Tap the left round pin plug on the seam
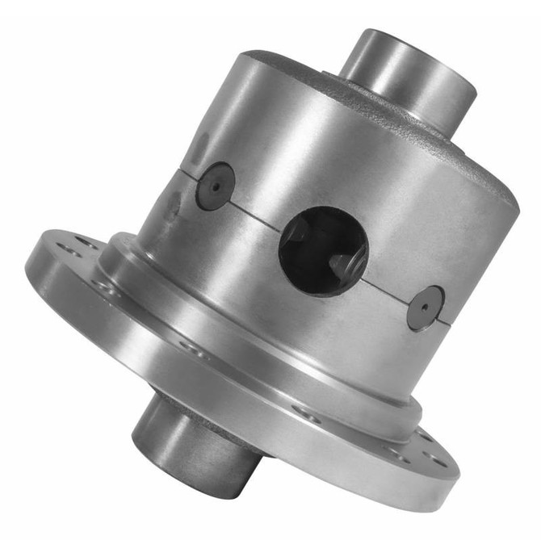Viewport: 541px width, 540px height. [x=216, y=186]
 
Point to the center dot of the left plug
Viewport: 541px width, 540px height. [x=216, y=186]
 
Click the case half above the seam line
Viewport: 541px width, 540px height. [x=323, y=145]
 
